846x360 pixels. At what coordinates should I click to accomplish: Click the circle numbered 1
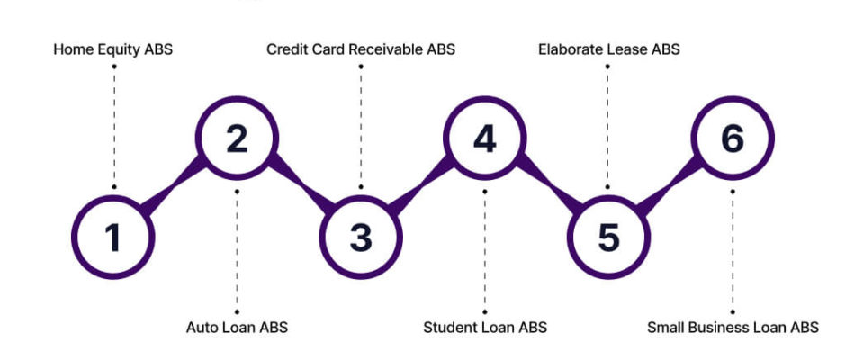(112, 237)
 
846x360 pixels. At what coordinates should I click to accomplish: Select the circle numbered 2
(237, 139)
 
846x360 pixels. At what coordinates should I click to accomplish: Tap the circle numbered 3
(361, 237)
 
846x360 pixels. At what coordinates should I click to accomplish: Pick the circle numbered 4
(485, 139)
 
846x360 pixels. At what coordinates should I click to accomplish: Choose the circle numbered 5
(609, 237)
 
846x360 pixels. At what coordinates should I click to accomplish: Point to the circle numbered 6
(733, 139)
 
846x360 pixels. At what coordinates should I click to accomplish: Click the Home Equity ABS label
(113, 49)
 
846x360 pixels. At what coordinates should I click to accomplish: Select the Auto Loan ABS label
(237, 328)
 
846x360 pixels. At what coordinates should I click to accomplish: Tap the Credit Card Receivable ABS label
(361, 49)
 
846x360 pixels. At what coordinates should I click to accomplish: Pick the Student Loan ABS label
(485, 328)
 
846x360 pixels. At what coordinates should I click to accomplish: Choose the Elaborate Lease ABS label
(609, 49)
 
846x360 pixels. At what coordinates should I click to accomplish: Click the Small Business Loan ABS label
(733, 328)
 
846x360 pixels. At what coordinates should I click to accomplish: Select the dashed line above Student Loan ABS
(485, 252)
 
